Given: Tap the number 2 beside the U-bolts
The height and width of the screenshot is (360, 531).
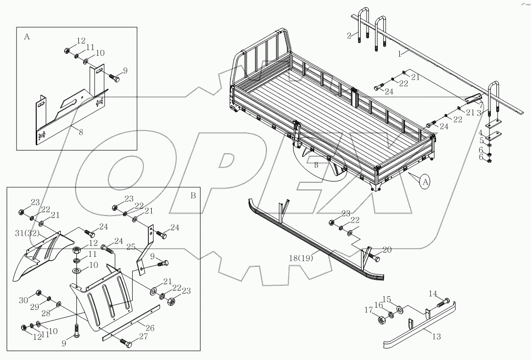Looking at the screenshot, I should pyautogui.click(x=349, y=35).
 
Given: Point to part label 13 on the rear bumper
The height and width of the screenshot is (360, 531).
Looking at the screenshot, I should pyautogui.click(x=437, y=337).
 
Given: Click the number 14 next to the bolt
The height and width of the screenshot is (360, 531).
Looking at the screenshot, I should pyautogui.click(x=433, y=293).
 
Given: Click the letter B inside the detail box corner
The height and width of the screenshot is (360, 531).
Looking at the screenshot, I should pyautogui.click(x=193, y=195).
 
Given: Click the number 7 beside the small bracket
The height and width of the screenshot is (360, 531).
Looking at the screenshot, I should pyautogui.click(x=481, y=105).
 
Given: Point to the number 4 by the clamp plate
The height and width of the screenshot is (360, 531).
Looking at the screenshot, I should pyautogui.click(x=481, y=132).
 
